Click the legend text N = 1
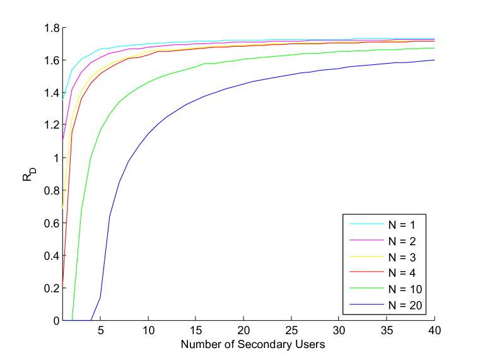[x=402, y=224]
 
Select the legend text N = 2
[x=402, y=240]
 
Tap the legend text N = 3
[x=402, y=257]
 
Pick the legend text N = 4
[x=402, y=273]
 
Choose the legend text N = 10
[x=405, y=289]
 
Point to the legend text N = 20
[x=405, y=306]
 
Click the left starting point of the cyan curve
[x=63, y=99]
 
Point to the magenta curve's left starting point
[x=63, y=140]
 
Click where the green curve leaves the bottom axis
[x=73, y=320]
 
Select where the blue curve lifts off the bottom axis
[x=91, y=320]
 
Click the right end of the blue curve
[x=435, y=60]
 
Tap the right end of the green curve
[x=435, y=48]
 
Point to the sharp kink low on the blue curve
[x=101, y=294]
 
